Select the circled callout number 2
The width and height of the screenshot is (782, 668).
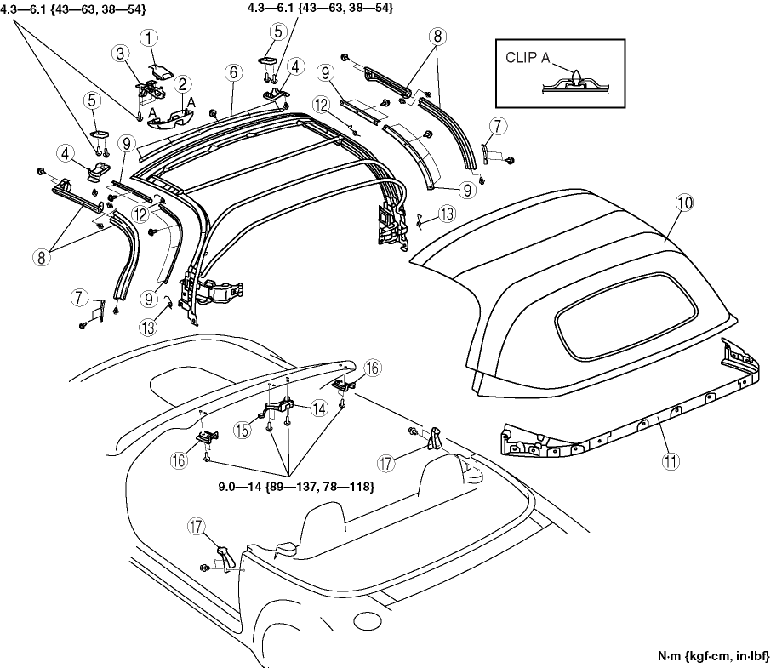(182, 84)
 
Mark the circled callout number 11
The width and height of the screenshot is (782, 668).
(671, 462)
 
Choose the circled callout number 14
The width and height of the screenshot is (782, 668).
(319, 408)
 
